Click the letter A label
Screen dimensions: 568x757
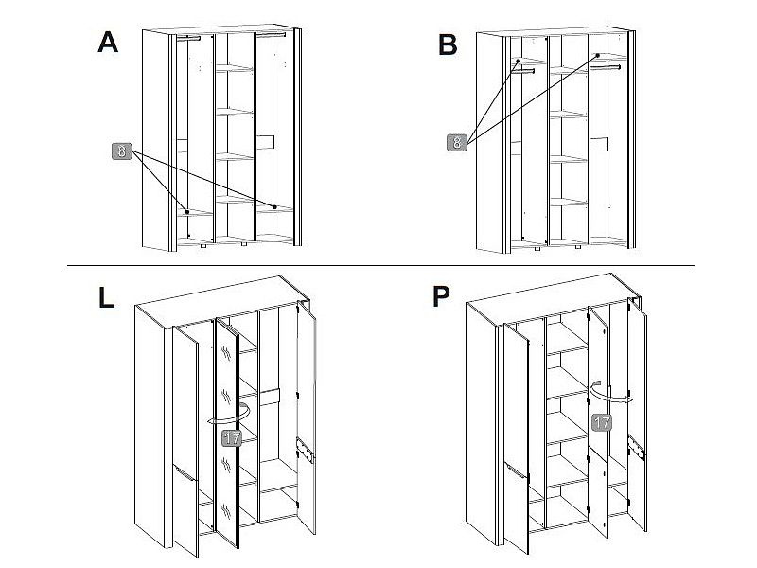pos(109,43)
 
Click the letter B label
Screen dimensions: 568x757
pos(449,44)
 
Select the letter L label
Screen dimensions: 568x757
pos(106,298)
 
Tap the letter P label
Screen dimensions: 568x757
pos(441,297)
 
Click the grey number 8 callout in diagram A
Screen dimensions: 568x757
pos(122,151)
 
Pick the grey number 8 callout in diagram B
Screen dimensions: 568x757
pos(456,143)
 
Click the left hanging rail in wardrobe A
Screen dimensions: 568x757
pos(189,39)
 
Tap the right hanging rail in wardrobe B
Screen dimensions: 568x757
pos(609,67)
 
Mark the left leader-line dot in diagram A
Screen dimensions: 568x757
pos(187,211)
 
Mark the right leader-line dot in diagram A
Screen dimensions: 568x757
pos(274,206)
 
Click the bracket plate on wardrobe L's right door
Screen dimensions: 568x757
pos(305,452)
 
